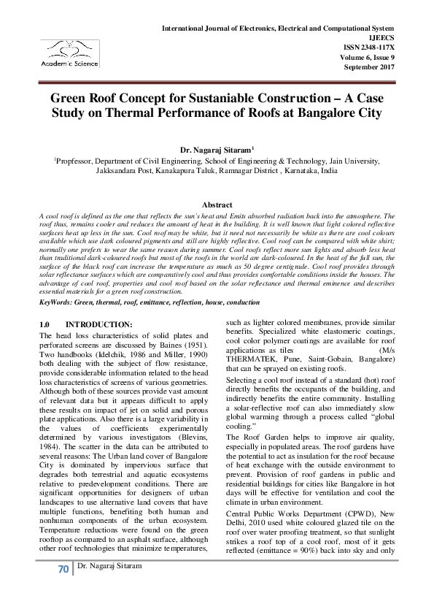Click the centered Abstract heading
tap(217, 205)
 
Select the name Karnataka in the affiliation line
tap(298, 168)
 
